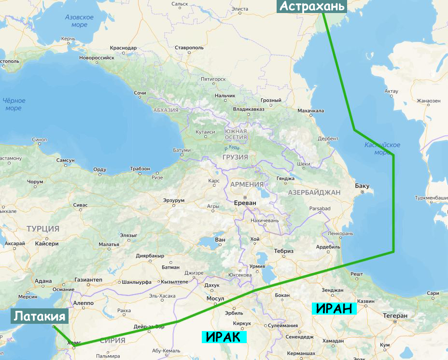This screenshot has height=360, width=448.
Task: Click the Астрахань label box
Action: (x=312, y=6)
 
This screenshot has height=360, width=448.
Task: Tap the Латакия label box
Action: (x=40, y=317)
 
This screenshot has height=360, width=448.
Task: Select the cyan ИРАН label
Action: (x=334, y=309)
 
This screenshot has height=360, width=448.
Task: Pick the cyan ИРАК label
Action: (x=224, y=337)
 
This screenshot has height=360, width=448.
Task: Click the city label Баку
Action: (x=362, y=186)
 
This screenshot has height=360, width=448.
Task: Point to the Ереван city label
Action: (x=245, y=203)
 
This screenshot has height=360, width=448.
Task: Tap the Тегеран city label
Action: (x=395, y=316)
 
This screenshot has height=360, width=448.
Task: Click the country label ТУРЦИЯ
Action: (x=43, y=229)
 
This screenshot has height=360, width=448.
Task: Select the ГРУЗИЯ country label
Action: (x=235, y=157)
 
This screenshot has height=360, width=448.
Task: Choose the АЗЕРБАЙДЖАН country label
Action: (x=314, y=193)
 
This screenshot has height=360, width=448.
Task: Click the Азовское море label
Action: (x=79, y=21)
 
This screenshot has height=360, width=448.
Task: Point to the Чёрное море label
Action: (x=14, y=104)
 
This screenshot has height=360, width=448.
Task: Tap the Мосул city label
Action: (x=215, y=298)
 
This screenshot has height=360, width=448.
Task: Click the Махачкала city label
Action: (x=311, y=111)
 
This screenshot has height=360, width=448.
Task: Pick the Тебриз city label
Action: (x=283, y=251)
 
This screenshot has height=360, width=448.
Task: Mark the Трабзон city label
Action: (x=140, y=169)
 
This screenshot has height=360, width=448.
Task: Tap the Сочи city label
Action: (x=140, y=92)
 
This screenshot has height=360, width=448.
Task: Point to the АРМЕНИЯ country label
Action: (x=247, y=184)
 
